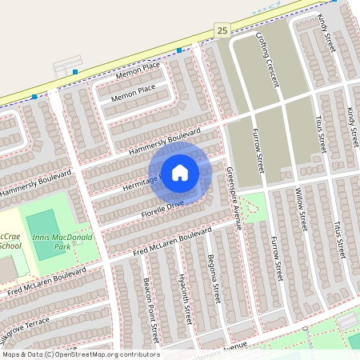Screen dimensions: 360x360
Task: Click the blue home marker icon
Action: pos(180,172)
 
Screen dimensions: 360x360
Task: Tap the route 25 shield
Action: pos(222,30)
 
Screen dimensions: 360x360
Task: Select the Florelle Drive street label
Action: pos(163,210)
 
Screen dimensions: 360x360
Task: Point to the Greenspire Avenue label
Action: pos(234,195)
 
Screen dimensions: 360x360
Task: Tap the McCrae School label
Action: pos(10,241)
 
